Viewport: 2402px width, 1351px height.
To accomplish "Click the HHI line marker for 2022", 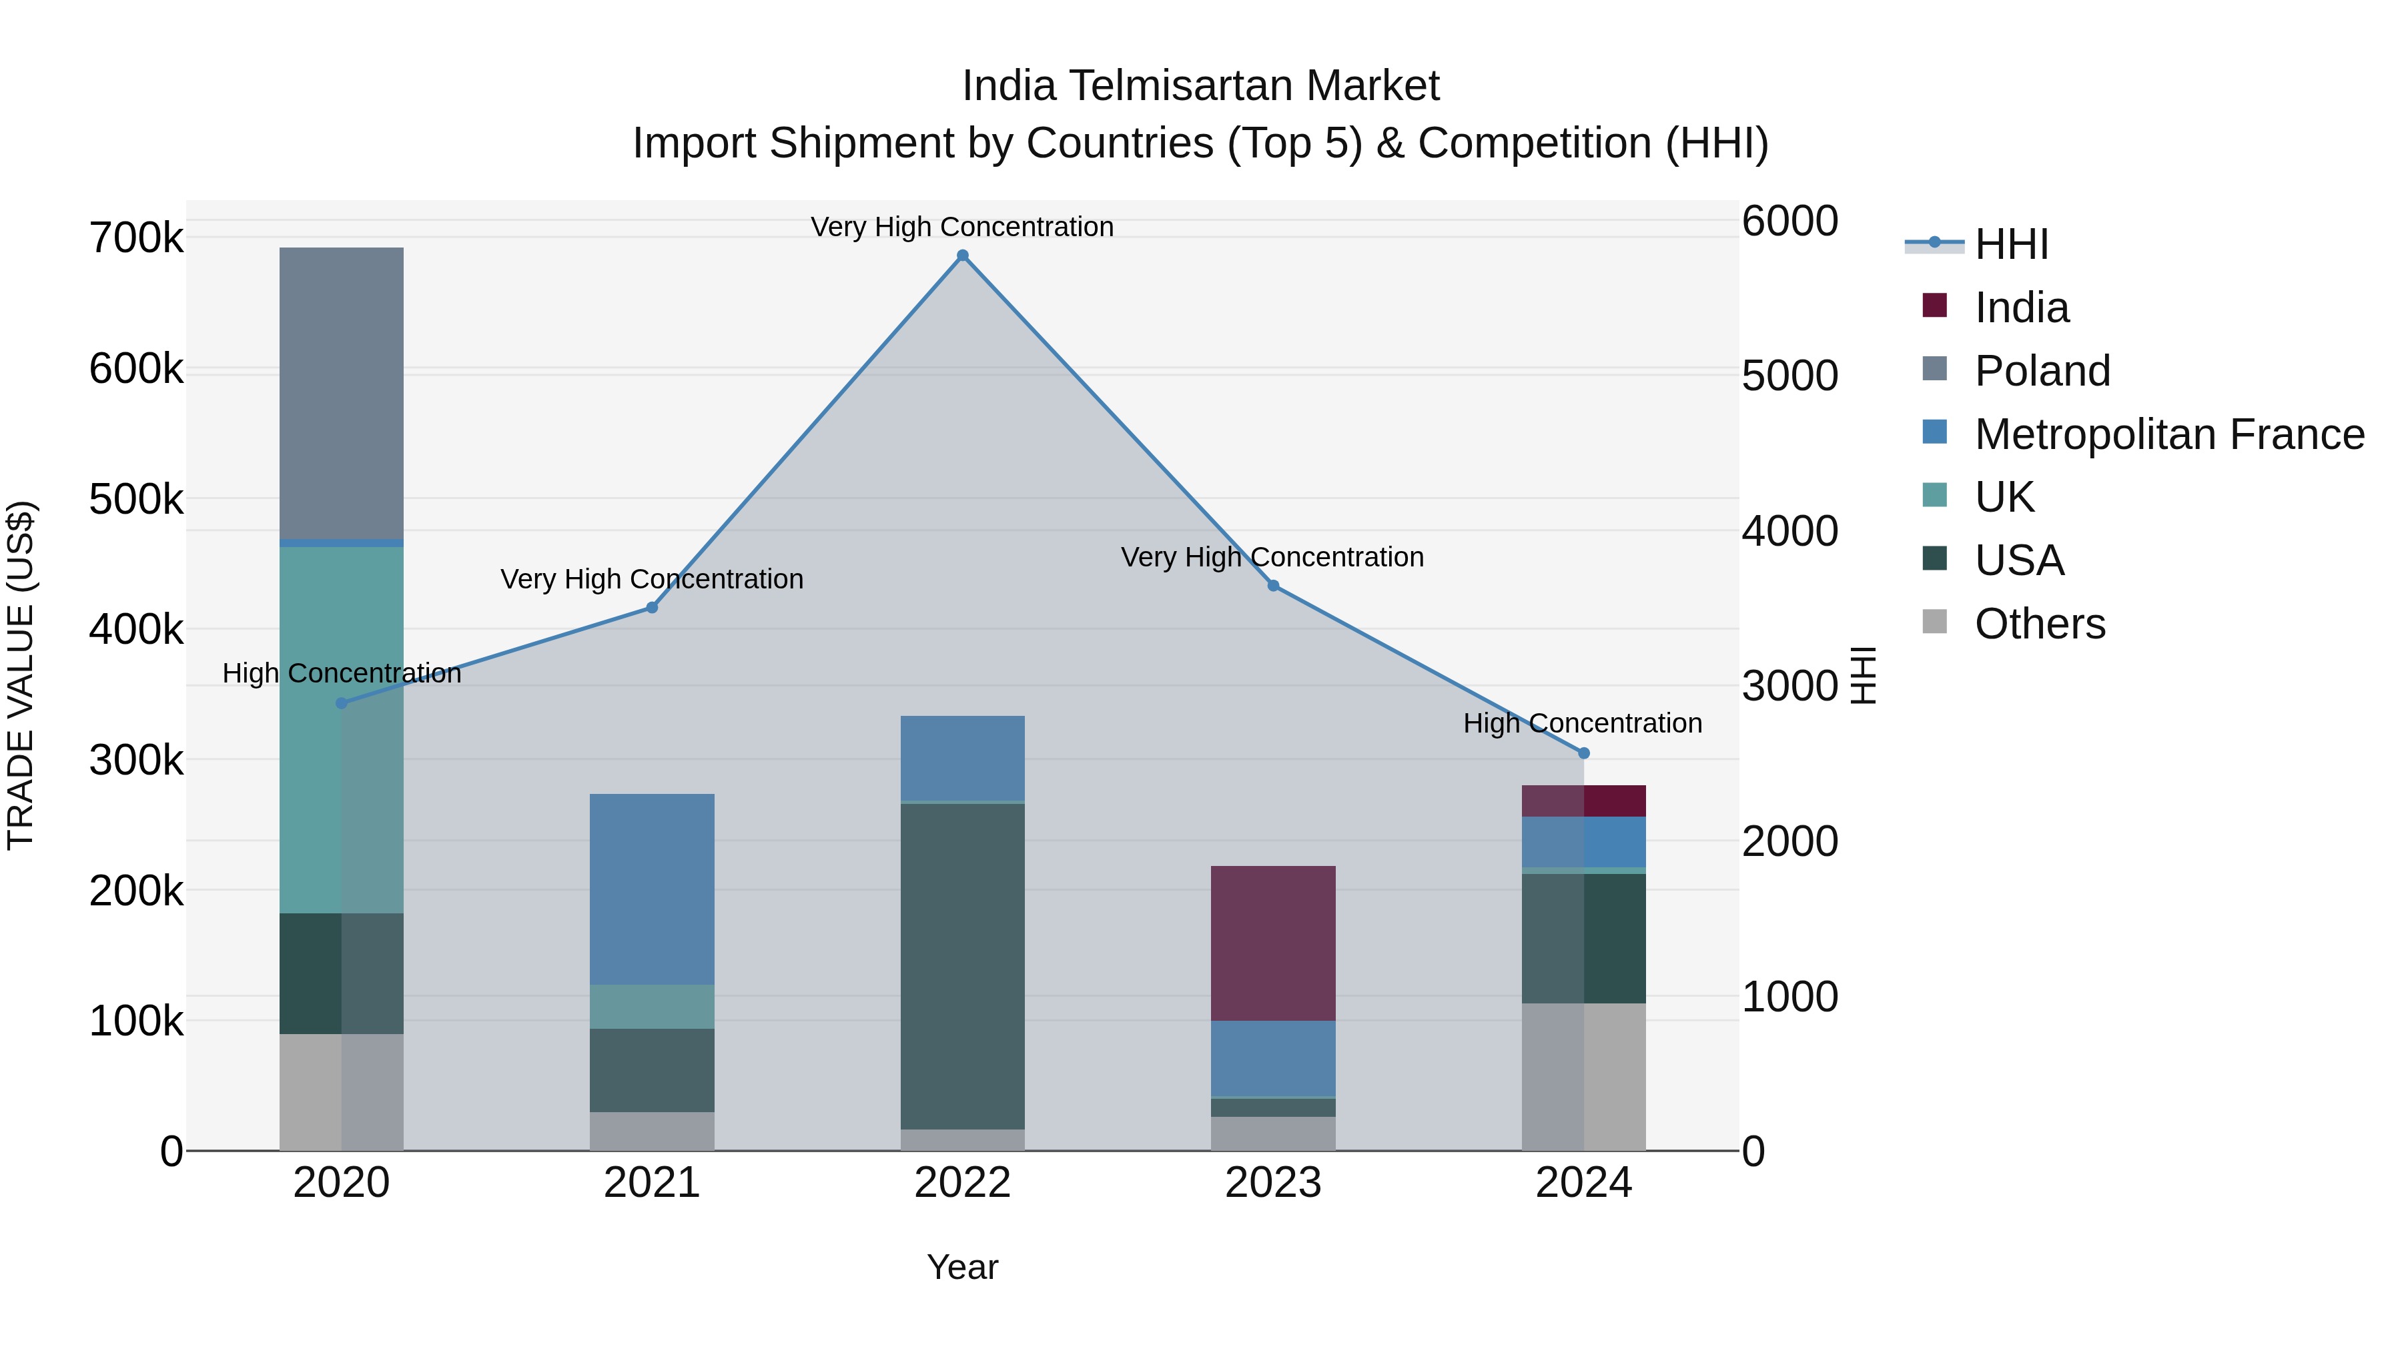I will [962, 256].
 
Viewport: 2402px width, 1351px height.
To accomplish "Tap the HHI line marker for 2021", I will [652, 608].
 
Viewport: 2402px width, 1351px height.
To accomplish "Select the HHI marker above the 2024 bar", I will [1583, 753].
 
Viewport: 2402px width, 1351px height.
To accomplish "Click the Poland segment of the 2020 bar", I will [341, 392].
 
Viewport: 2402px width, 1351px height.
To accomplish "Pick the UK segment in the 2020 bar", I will [341, 727].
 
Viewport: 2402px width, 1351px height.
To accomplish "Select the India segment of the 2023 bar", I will [1273, 941].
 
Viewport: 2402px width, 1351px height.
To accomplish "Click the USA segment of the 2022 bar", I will [962, 965].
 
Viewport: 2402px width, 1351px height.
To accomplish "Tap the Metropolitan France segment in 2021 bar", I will [652, 889].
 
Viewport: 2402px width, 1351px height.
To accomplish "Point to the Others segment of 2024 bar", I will [1583, 1077].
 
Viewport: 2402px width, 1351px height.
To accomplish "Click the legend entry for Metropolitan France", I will [2169, 434].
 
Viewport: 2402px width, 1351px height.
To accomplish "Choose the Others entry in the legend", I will [2039, 624].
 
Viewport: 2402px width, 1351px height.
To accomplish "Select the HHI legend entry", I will [2011, 244].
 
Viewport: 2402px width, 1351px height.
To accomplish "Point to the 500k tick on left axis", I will [136, 500].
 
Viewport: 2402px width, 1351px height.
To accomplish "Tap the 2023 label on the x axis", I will [1273, 1183].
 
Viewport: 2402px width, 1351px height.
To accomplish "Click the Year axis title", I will [962, 1267].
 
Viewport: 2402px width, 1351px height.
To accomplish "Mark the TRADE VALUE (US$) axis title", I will [21, 675].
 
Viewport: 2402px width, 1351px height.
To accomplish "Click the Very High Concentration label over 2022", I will [962, 227].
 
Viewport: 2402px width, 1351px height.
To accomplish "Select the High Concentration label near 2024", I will [1583, 723].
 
